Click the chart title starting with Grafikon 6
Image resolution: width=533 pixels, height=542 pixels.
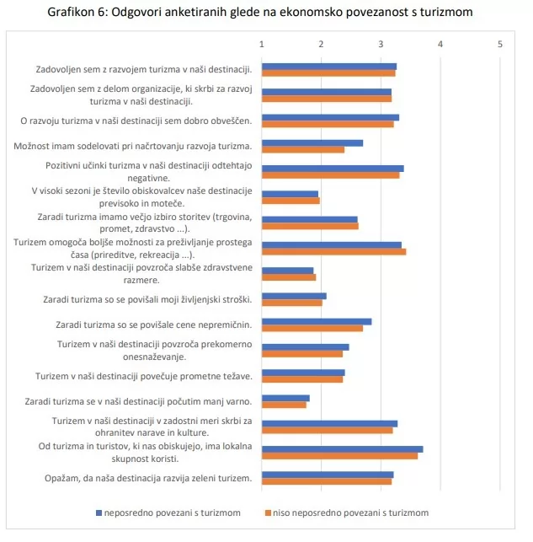(x=266, y=12)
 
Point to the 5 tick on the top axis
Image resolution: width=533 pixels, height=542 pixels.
(x=500, y=44)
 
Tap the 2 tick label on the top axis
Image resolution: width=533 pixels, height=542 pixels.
(x=322, y=44)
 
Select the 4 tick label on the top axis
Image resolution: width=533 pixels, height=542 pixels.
(x=440, y=44)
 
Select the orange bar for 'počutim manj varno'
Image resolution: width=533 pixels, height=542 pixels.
(x=284, y=405)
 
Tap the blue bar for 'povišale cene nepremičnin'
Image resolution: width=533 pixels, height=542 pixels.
(x=317, y=321)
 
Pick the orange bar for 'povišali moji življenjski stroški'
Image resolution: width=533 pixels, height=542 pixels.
(x=291, y=303)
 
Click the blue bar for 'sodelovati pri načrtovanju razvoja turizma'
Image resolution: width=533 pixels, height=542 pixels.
(x=312, y=142)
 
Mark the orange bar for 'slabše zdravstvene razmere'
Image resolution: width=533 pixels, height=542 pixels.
(x=289, y=276)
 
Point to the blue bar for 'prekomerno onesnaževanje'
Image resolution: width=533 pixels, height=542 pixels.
(x=305, y=346)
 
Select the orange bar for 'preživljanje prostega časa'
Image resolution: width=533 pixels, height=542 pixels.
(x=333, y=251)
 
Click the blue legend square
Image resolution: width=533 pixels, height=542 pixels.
(x=99, y=512)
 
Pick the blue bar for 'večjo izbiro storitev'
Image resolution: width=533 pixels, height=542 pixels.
(x=309, y=219)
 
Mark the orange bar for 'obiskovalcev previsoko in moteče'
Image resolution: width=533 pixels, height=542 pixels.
(x=290, y=201)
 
